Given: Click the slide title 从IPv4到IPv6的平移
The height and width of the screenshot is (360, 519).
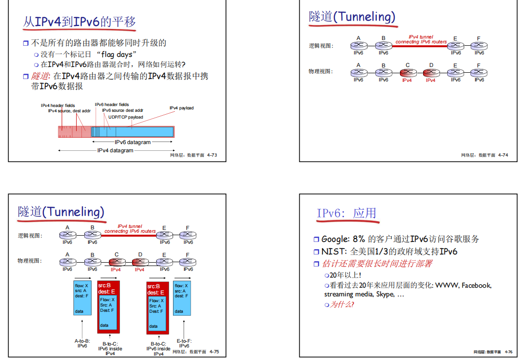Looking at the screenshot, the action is coord(80,22).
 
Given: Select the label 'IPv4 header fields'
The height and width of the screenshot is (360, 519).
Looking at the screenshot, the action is coord(58,105).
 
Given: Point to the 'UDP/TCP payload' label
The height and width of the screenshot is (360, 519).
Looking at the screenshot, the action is coord(125,117).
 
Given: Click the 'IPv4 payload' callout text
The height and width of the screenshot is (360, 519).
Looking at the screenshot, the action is coord(181,108).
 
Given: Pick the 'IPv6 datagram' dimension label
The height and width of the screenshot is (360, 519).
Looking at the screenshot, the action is coord(133,142).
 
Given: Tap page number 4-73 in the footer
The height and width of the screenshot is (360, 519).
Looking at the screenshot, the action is coord(212,155).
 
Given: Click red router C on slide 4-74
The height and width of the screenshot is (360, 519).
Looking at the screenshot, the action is coord(407,73).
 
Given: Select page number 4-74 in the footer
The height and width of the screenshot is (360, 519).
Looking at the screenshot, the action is coord(503,155).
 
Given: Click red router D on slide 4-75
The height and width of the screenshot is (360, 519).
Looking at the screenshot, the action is coord(140,262).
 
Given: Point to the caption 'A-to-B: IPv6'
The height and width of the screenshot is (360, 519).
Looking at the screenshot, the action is coord(82,343).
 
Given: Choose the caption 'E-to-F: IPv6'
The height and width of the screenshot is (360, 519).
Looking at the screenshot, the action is coord(184,343).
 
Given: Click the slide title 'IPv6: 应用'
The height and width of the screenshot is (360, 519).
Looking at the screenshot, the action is coord(346,213).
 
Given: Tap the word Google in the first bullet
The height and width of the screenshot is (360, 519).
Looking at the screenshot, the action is coord(334,239).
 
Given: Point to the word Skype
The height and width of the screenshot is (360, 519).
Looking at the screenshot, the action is coord(385,294).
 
